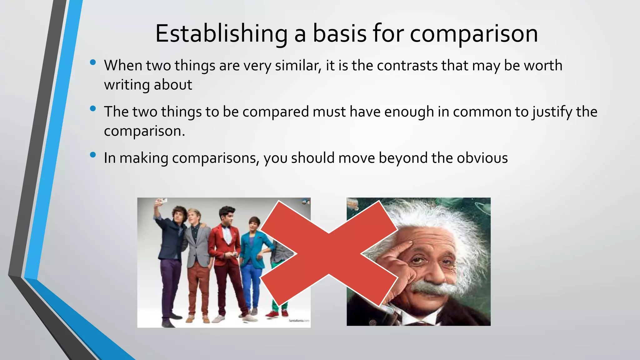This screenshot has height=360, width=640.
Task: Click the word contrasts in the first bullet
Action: (407, 66)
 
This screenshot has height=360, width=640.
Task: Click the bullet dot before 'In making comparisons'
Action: (92, 155)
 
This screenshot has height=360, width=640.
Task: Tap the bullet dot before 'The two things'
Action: (92, 108)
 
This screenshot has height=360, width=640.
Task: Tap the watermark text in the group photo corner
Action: (298, 321)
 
